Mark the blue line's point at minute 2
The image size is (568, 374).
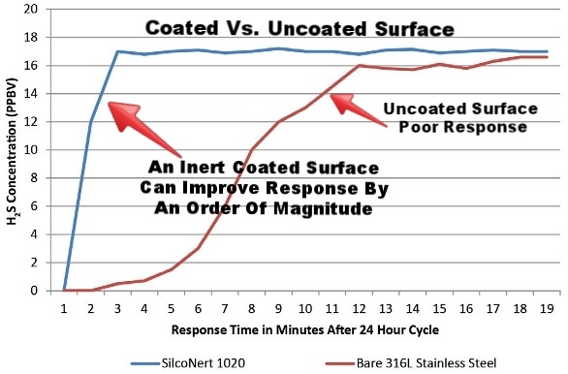click(91, 122)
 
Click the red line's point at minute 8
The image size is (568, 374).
click(252, 150)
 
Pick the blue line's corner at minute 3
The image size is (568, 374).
click(118, 51)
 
